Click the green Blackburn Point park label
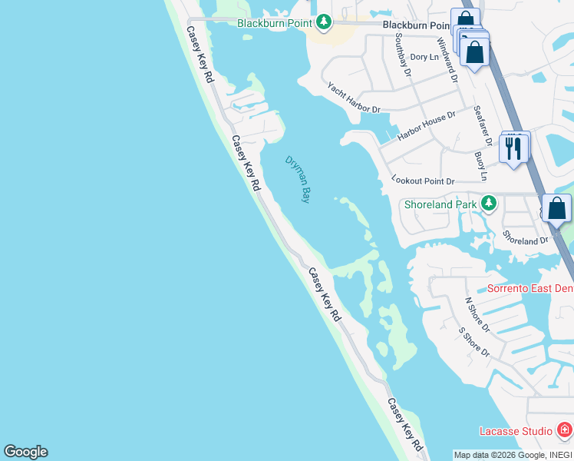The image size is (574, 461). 274,23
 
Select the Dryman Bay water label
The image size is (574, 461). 298,179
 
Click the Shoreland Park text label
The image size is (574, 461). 440,204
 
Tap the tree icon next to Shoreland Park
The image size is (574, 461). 488,204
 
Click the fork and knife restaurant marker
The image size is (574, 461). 513,148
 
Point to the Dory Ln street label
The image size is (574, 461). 424,57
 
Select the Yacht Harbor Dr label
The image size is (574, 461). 354,98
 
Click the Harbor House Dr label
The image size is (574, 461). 427,125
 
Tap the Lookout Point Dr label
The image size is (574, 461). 423,181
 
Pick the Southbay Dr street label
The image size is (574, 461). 403,55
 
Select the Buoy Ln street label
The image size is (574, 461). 480,166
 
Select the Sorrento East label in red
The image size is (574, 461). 530,289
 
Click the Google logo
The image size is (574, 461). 25,452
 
